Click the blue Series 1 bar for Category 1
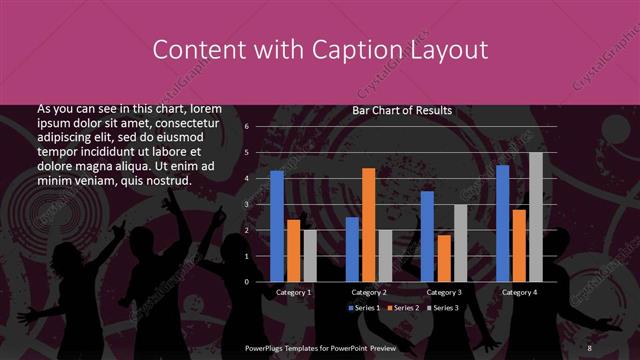coord(277,226)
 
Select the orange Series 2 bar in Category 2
coord(368,224)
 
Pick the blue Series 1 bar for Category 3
coord(427,236)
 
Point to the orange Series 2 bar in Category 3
coord(443,258)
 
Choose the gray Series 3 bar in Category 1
coord(309,255)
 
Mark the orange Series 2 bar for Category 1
coord(293,250)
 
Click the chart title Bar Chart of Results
coord(402,110)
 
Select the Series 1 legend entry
coord(363,307)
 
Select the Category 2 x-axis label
coord(369,292)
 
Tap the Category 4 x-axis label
coord(518,292)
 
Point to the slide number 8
coord(589,347)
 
